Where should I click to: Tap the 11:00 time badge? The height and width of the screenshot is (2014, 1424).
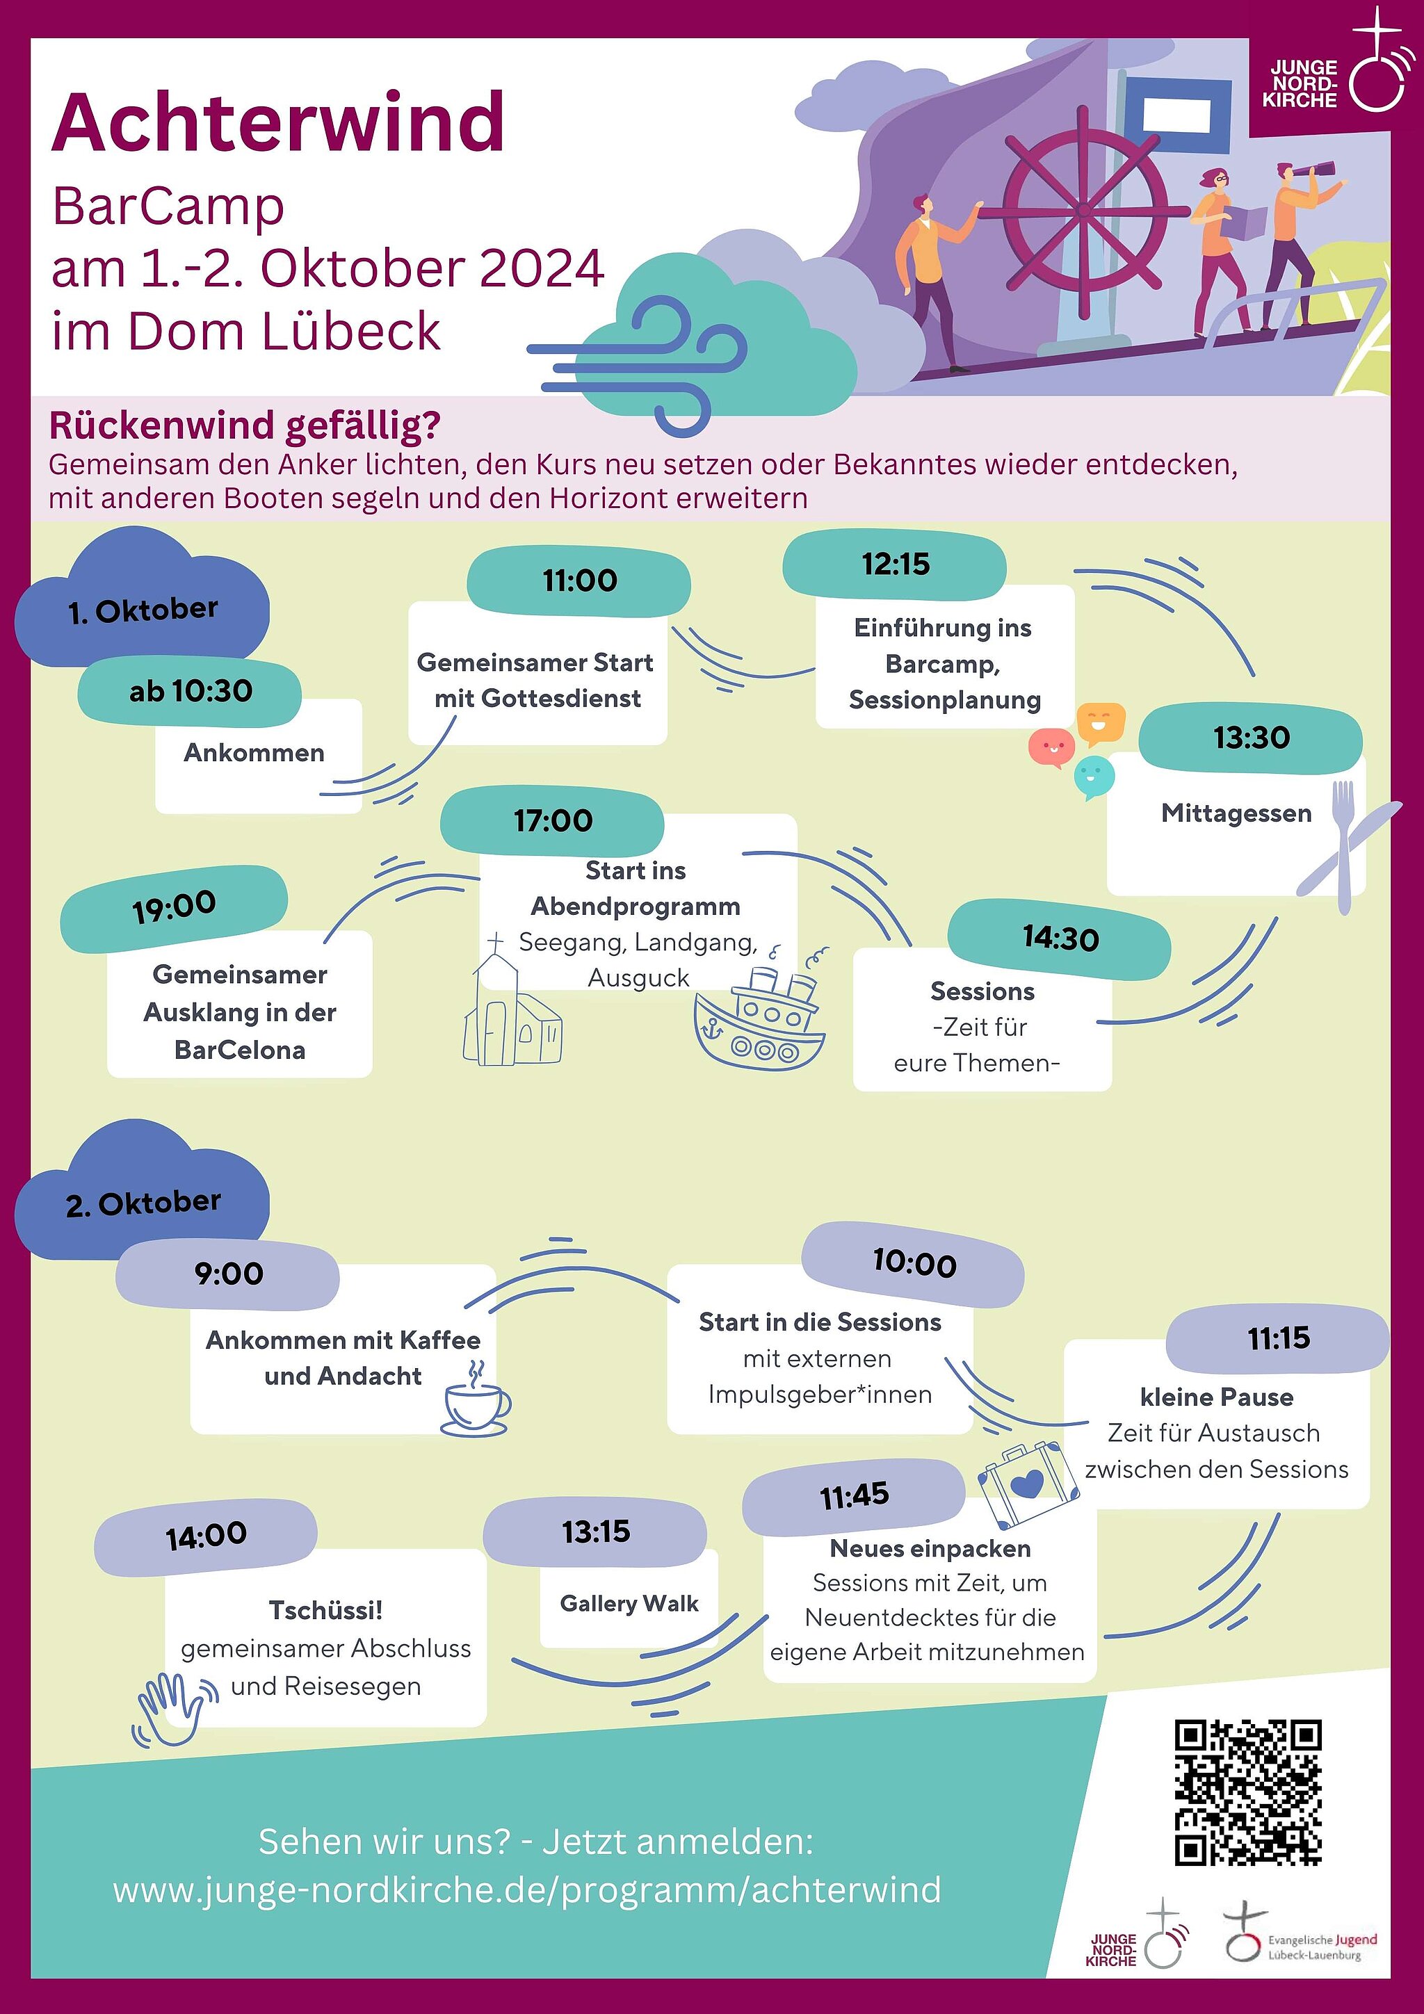[x=579, y=580]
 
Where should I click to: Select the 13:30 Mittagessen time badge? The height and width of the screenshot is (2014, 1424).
[x=1250, y=738]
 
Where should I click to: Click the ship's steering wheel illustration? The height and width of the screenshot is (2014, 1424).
[x=1085, y=211]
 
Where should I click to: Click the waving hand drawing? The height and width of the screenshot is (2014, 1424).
[x=172, y=1706]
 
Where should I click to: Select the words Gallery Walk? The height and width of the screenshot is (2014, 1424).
[x=629, y=1603]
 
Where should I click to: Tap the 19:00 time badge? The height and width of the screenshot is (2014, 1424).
[x=174, y=907]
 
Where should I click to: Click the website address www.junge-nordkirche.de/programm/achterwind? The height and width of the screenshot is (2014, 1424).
[x=526, y=1890]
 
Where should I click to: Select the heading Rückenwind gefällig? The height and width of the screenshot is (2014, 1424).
[x=245, y=425]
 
